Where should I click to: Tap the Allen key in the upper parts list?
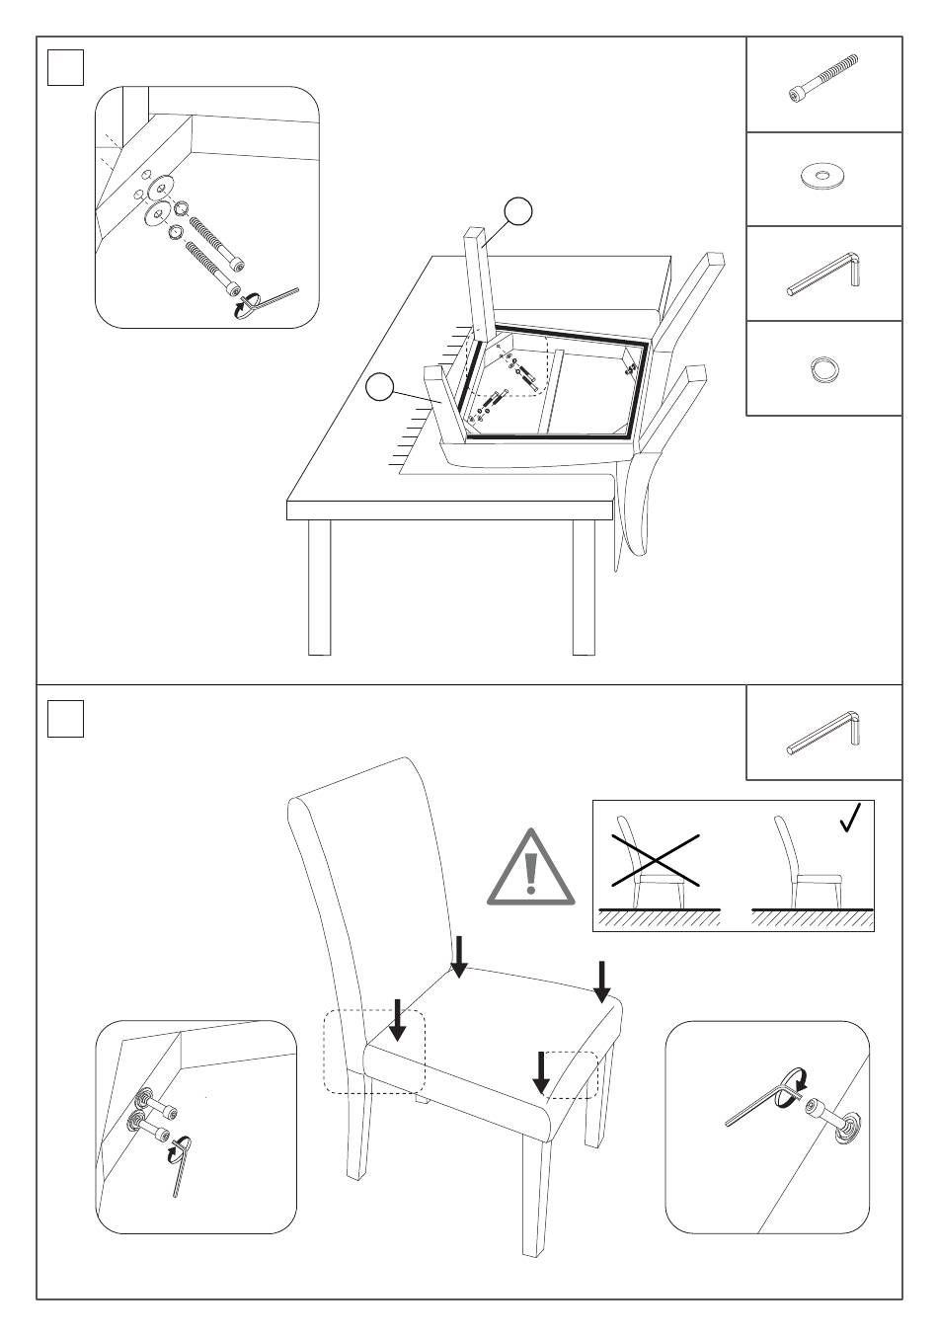tap(825, 273)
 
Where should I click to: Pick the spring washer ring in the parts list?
tap(822, 369)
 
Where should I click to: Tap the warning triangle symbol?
tap(530, 870)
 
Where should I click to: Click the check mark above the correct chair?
tap(849, 818)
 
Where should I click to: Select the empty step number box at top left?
tap(65, 67)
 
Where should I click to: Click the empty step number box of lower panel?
tap(65, 718)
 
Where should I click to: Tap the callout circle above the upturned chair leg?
tap(518, 210)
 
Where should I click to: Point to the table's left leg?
tap(319, 587)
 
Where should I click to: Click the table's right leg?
tap(584, 587)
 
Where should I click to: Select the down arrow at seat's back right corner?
tap(602, 979)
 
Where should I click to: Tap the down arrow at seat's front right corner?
tap(541, 1072)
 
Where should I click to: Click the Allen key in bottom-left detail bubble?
tap(181, 1165)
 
